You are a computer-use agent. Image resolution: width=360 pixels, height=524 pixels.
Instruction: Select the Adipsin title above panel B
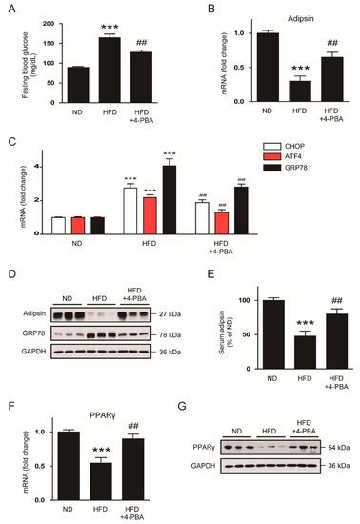pos(281,16)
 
